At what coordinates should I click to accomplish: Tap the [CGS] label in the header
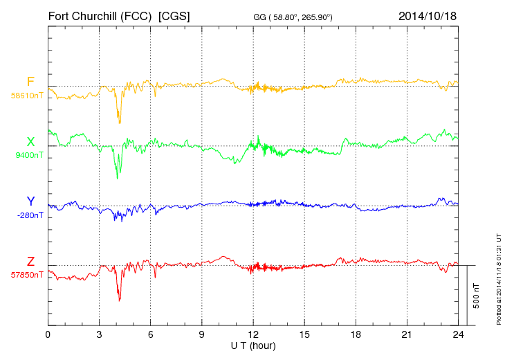point(174,15)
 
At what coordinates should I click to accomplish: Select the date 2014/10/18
point(428,15)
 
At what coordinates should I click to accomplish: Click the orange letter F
point(30,82)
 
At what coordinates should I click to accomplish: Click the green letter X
point(30,142)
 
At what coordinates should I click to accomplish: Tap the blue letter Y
point(30,201)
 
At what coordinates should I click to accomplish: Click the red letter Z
point(30,262)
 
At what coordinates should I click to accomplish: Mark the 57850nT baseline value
point(26,275)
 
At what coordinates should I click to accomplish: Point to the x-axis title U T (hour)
point(253,345)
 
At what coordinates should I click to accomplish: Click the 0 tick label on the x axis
point(48,334)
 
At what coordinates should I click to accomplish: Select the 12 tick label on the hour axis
point(253,334)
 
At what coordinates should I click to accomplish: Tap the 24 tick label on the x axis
point(458,334)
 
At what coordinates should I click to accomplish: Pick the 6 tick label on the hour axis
point(150,334)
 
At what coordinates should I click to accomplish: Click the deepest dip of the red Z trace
point(120,300)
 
